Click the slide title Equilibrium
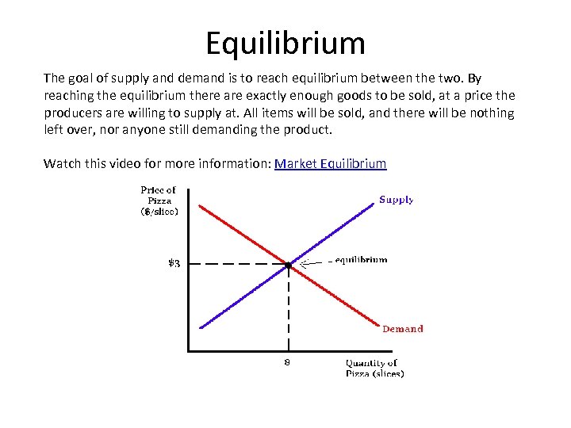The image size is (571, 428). pyautogui.click(x=285, y=43)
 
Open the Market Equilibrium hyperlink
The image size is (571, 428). pyautogui.click(x=330, y=164)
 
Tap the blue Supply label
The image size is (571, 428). pyautogui.click(x=396, y=200)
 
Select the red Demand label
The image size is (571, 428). pyautogui.click(x=403, y=329)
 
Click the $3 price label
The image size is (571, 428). pyautogui.click(x=173, y=264)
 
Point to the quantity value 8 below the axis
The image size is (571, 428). pyautogui.click(x=287, y=362)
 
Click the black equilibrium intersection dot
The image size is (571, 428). pyautogui.click(x=288, y=264)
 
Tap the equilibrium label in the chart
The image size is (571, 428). pyautogui.click(x=361, y=259)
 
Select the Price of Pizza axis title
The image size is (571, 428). pyautogui.click(x=159, y=201)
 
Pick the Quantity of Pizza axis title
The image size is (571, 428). pyautogui.click(x=374, y=368)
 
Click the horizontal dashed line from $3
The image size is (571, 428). pyautogui.click(x=238, y=264)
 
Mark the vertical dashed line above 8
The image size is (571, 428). pyautogui.click(x=288, y=309)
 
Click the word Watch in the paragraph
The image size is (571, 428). pyautogui.click(x=63, y=164)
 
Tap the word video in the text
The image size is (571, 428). pyautogui.click(x=149, y=164)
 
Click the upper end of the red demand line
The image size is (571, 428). pyautogui.click(x=200, y=207)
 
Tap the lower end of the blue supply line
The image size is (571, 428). pyautogui.click(x=201, y=326)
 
